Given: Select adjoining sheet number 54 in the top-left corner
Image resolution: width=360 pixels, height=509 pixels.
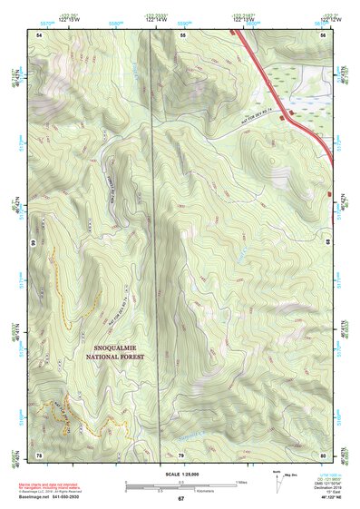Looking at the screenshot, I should point(39,34).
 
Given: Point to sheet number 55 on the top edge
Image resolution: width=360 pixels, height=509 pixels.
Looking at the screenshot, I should point(182,34).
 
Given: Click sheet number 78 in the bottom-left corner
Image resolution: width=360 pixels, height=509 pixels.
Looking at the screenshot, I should point(39,453).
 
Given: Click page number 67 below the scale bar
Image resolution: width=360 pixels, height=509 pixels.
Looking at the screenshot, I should point(180,499).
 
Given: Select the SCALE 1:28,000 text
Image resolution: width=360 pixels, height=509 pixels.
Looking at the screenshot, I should point(180,475).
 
